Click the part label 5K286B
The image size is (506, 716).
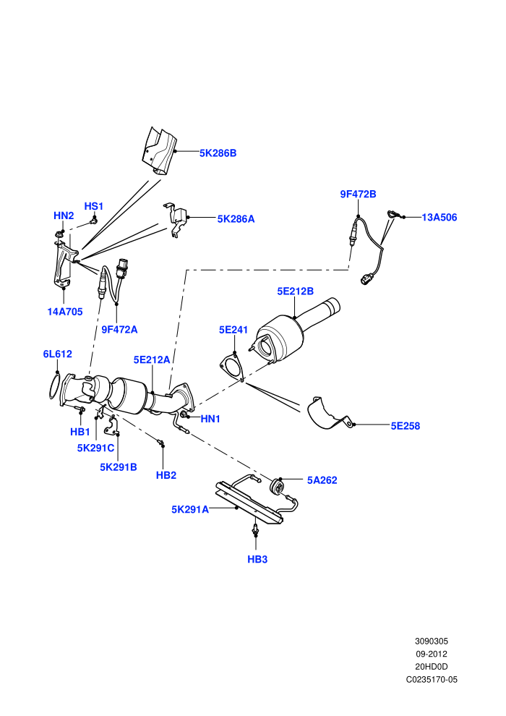point(218,153)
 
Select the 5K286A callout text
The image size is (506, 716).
point(236,218)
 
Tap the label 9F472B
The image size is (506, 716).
point(358,194)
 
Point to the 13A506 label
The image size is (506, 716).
point(439,218)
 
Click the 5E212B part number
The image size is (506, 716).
point(295,291)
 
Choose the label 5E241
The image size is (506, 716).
point(233,330)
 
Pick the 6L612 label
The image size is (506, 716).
point(58,354)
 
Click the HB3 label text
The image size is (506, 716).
point(257,559)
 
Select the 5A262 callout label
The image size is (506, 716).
point(322,480)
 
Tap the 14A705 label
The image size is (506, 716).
point(65,312)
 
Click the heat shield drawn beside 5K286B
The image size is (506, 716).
point(159,150)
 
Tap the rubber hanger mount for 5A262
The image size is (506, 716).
point(277,486)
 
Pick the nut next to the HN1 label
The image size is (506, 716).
point(184,415)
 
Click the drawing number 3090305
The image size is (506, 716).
point(432,642)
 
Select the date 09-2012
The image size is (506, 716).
point(432,655)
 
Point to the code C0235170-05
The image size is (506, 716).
point(432,680)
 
